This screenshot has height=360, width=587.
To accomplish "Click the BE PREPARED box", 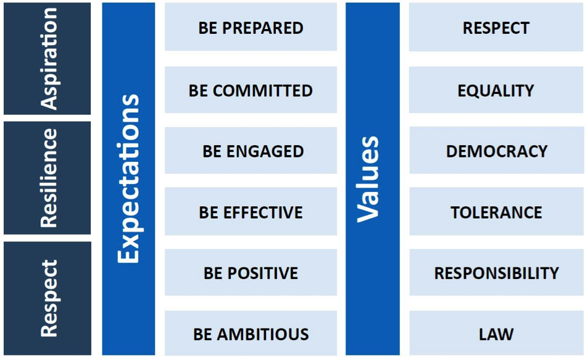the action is coord(251,27).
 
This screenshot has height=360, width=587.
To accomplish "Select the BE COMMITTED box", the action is coord(251,90).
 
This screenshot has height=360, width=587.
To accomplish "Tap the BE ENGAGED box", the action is coord(251,150).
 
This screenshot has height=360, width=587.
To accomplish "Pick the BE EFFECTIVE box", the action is coord(251,211).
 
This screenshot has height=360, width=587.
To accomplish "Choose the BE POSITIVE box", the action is coord(251,272).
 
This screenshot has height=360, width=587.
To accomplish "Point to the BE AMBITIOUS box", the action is coord(251,333).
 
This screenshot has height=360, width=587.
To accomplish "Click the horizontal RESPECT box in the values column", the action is coord(496,27).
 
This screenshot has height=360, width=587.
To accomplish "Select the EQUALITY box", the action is coord(496,90).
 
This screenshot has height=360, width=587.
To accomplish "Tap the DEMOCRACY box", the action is coord(496,150).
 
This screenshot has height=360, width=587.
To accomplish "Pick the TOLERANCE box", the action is coord(496,211).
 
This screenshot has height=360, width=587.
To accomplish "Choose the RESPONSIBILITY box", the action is coord(496,272).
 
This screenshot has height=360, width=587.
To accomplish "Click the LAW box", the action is coord(496,333).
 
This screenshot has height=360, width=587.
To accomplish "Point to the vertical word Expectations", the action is coord(128,178).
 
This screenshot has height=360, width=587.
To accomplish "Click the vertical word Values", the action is coord(368,179).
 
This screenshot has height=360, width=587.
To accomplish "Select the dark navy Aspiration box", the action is coord(47,59).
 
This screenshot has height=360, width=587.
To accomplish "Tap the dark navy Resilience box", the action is coord(47,178).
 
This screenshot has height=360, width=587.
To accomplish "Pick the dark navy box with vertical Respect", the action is coord(48,298).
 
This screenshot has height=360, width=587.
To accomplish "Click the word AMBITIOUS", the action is coord(263,334).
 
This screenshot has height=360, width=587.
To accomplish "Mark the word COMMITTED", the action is coord(263,91).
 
